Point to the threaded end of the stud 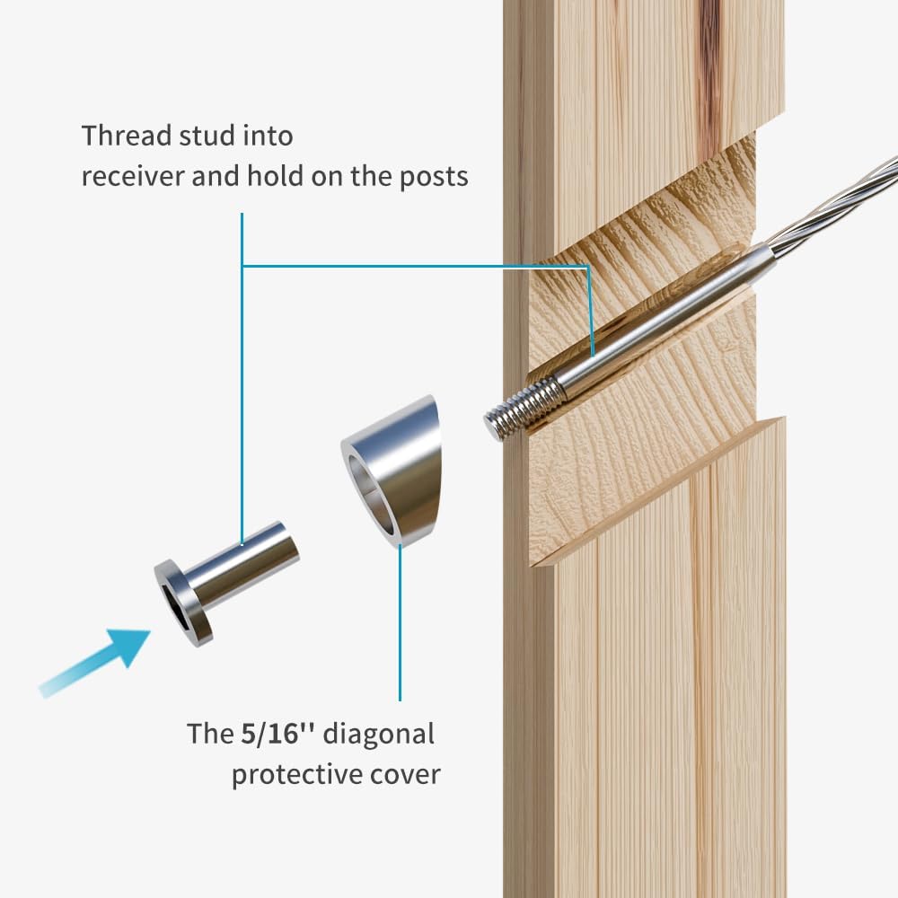point(521,409)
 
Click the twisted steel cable point(835,202)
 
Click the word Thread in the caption point(123,136)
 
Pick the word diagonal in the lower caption point(378,735)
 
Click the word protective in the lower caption point(286,774)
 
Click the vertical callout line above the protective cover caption point(400,629)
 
